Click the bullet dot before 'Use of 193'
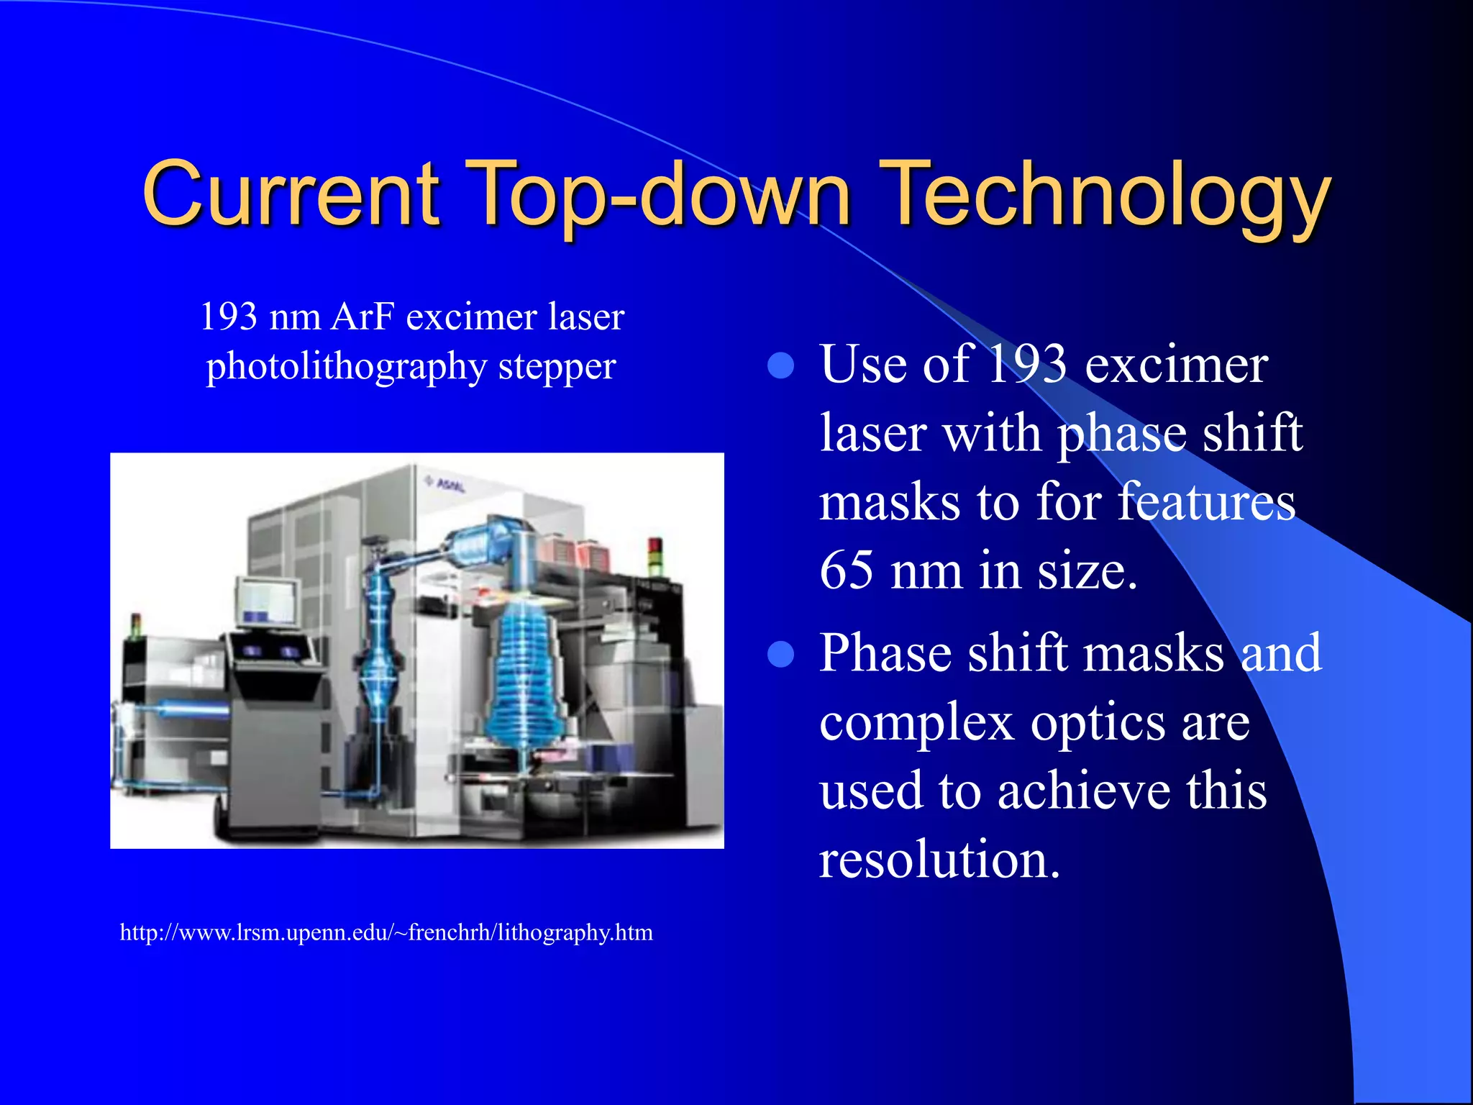coord(780,365)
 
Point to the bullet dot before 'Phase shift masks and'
coord(780,655)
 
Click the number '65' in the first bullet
coord(847,570)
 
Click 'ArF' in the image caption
coord(362,317)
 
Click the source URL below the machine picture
coord(386,932)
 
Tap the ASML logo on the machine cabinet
coord(446,484)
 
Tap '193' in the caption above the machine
coord(228,317)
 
